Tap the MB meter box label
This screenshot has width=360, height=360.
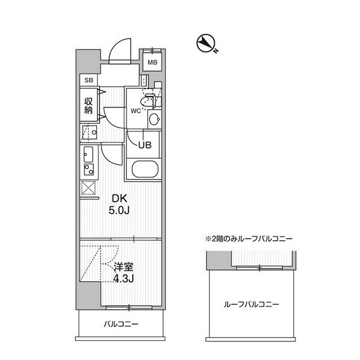click(152, 62)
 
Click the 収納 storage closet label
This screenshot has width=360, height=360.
click(88, 105)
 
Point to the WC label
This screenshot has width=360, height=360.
click(135, 111)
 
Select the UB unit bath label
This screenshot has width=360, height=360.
click(145, 144)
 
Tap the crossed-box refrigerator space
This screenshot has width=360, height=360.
click(88, 189)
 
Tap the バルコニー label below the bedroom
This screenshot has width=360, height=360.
click(120, 325)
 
